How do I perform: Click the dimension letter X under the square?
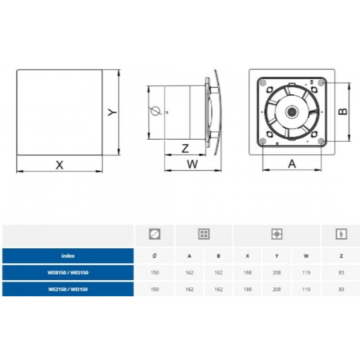pos(59,165)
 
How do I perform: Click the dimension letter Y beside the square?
pos(112,112)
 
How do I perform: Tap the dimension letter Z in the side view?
pos(185,149)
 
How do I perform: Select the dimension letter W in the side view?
pos(192,164)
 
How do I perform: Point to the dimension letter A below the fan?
pos(292,164)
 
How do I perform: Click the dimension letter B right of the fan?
pos(343,112)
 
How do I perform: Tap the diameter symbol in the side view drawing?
pos(156,111)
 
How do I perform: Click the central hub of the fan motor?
pos(292,112)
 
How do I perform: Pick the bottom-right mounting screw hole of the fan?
pos(321,141)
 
